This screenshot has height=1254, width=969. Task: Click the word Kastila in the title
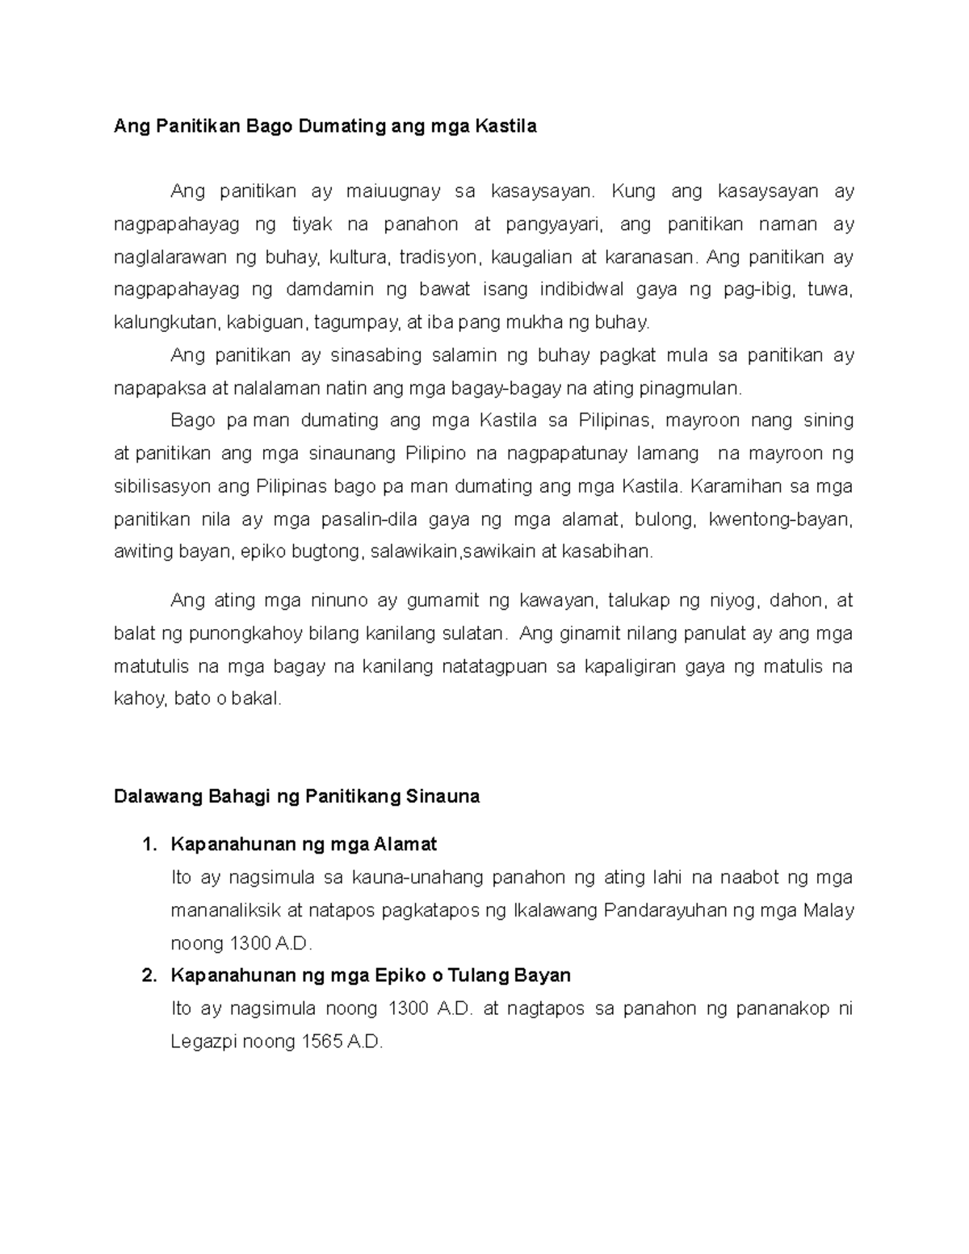pos(505,127)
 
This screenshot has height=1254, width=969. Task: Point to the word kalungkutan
pos(166,323)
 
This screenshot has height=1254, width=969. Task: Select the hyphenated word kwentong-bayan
pos(780,519)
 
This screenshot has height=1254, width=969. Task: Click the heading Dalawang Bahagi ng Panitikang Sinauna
pos(296,797)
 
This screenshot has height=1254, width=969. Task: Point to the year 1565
pos(321,1042)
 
